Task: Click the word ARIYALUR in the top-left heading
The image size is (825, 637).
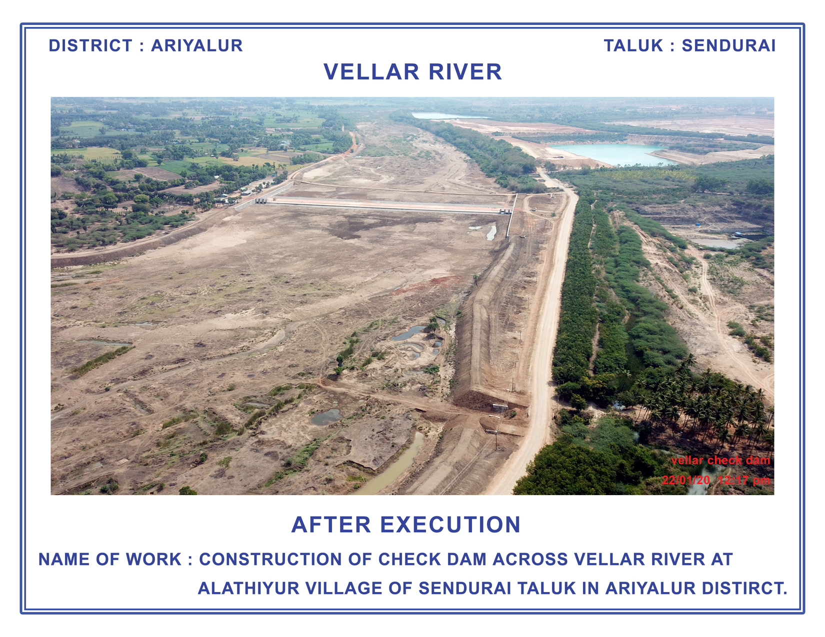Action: (196, 45)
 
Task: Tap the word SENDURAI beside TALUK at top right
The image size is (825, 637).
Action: (728, 45)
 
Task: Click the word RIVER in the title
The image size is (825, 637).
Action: (465, 72)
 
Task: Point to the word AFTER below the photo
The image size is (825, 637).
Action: (330, 525)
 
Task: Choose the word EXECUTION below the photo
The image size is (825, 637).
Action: (450, 525)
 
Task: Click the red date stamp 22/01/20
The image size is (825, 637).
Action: (685, 480)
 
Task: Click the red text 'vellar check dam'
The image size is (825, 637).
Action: (720, 461)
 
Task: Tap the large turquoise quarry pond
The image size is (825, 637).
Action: (611, 154)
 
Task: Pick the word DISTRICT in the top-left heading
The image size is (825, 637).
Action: (90, 45)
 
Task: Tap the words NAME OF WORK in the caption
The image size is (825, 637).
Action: (110, 560)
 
